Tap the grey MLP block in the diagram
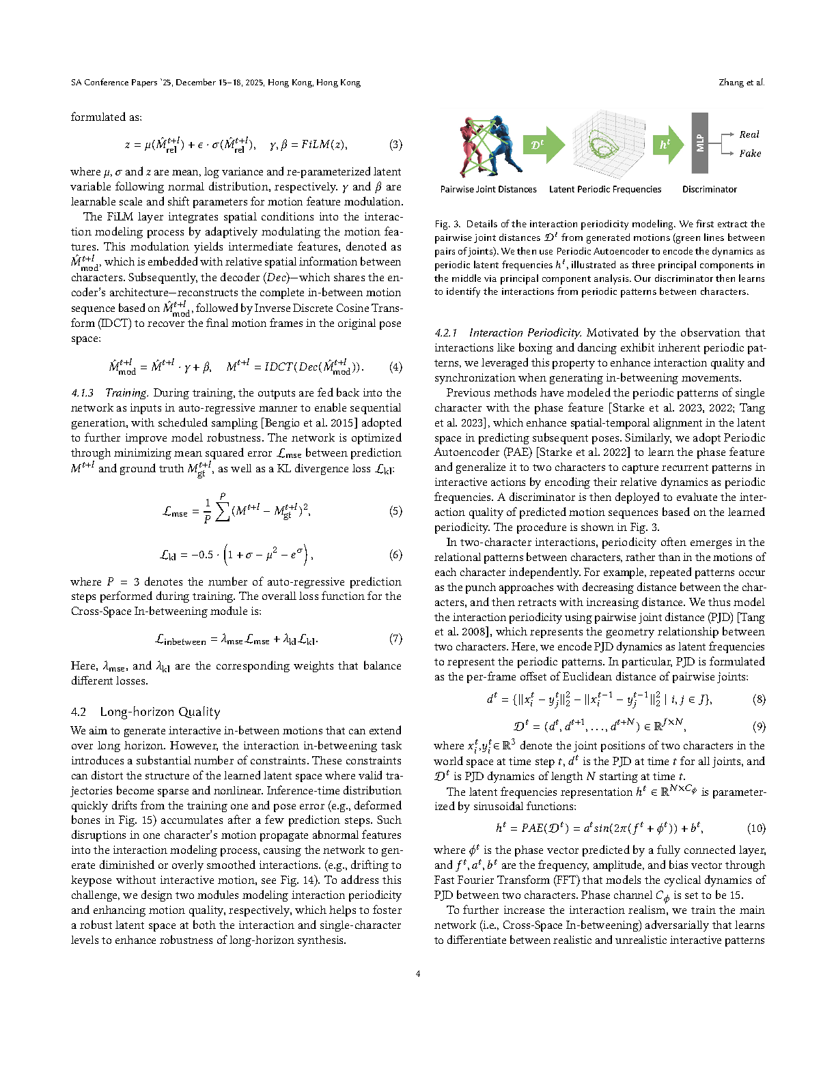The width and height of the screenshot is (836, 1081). click(x=699, y=143)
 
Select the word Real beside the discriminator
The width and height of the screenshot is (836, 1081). click(x=749, y=134)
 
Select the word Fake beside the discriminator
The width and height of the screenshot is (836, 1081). click(x=749, y=154)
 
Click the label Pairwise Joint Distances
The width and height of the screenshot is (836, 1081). click(x=488, y=190)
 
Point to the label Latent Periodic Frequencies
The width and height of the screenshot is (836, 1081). click(x=604, y=190)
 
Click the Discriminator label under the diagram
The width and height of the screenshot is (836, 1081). click(x=709, y=190)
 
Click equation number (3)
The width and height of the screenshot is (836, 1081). click(x=395, y=145)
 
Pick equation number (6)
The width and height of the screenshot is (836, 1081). click(x=395, y=555)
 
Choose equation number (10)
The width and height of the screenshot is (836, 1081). click(x=756, y=828)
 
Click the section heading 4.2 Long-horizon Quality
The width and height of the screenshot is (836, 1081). click(x=145, y=712)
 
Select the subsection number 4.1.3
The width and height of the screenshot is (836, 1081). click(x=83, y=393)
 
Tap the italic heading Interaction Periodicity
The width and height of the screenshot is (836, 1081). click(x=525, y=333)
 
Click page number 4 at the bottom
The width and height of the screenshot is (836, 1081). click(x=418, y=974)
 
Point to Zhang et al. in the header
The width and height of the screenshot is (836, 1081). click(x=741, y=83)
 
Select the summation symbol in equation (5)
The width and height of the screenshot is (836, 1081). click(x=222, y=511)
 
